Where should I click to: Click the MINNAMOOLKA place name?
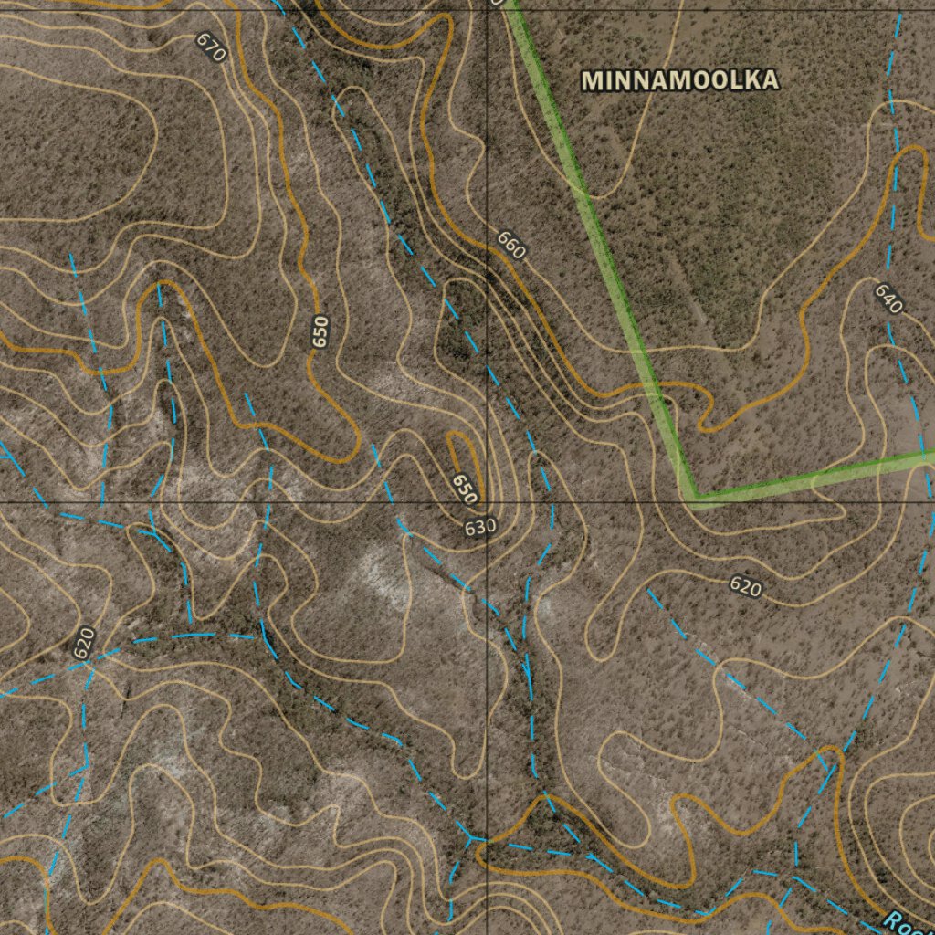click(x=680, y=80)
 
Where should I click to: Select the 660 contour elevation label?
click(x=511, y=245)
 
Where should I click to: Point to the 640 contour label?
click(x=888, y=298)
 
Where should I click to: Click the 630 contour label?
click(x=480, y=528)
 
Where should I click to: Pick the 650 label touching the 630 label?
click(x=465, y=489)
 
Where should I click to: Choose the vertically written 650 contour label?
click(x=320, y=331)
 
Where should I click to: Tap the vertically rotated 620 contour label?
click(x=84, y=643)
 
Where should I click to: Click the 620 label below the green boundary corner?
click(x=746, y=587)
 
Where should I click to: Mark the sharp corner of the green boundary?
click(x=694, y=498)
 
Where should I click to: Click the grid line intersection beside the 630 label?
click(x=487, y=502)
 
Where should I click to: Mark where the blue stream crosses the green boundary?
click(x=924, y=454)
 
